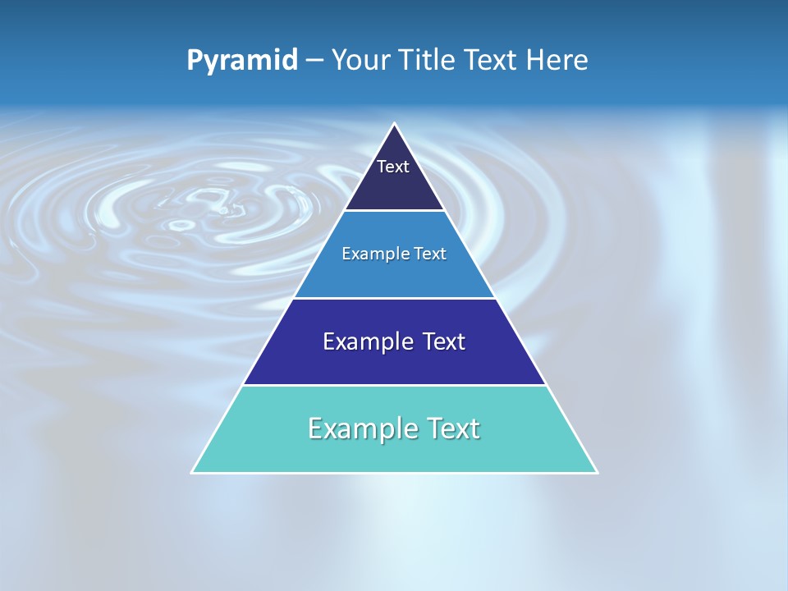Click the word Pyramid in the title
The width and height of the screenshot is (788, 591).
click(x=241, y=61)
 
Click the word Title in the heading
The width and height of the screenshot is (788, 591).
click(x=429, y=61)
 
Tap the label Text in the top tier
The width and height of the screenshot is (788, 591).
click(x=392, y=167)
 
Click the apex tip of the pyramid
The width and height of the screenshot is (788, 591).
click(x=395, y=125)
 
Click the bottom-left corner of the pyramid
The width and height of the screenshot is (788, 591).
click(x=193, y=472)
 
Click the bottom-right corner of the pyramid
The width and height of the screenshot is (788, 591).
click(x=597, y=472)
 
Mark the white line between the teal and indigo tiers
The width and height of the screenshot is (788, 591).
click(x=395, y=385)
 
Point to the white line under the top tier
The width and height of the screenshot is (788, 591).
click(x=395, y=211)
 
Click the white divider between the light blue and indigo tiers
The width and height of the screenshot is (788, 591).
click(x=395, y=298)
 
